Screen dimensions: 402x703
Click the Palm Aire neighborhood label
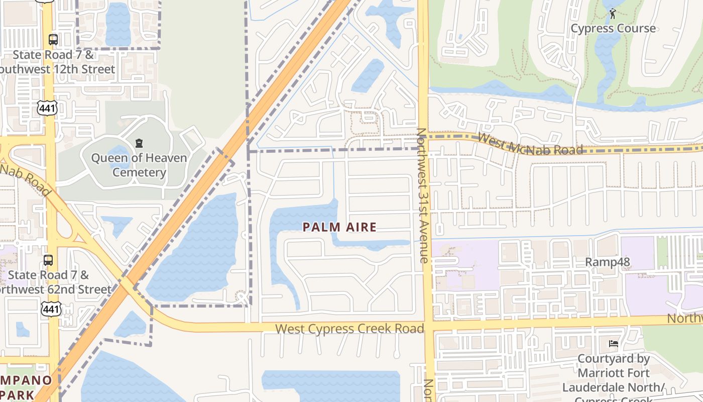tap(339, 227)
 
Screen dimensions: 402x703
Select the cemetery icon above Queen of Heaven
tap(139, 144)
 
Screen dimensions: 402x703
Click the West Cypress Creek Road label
tap(349, 329)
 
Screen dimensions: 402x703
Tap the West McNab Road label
tap(530, 144)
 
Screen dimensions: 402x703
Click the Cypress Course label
tap(613, 28)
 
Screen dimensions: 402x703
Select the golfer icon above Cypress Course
tap(613, 14)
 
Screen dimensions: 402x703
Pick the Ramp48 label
tap(607, 262)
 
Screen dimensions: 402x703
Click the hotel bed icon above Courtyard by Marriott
tap(613, 344)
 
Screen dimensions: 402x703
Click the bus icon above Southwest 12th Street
tap(53, 40)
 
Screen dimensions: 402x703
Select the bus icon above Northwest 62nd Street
tap(48, 260)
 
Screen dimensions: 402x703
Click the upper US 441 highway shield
tap(47, 107)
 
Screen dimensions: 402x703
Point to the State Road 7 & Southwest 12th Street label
tap(55, 62)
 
